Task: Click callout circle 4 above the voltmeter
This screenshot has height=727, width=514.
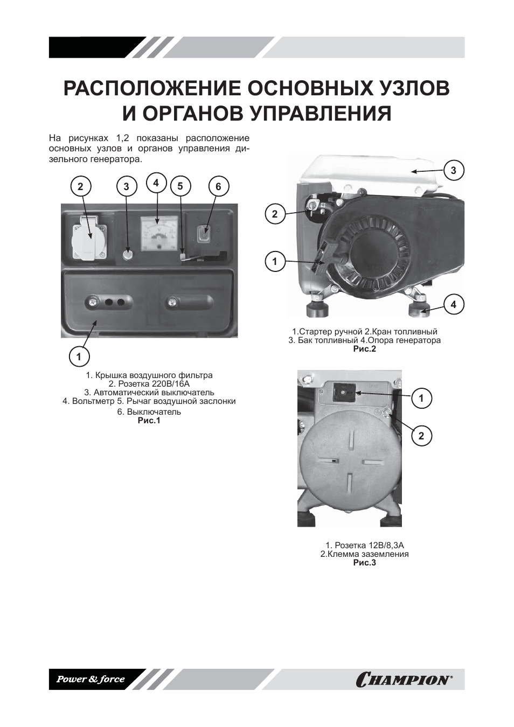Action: click(x=156, y=183)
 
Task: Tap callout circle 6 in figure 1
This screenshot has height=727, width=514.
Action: click(x=218, y=187)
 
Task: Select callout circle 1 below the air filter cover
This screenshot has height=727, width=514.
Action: click(x=79, y=356)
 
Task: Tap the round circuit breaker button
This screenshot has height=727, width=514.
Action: click(x=128, y=255)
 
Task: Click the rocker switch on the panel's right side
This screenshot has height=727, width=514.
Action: click(x=204, y=235)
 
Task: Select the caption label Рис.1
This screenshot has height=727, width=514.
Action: click(x=149, y=421)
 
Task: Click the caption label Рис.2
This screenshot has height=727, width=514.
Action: click(x=364, y=349)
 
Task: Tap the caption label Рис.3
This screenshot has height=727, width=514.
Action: click(x=364, y=563)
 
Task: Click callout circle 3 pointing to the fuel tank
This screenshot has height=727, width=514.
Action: click(x=453, y=171)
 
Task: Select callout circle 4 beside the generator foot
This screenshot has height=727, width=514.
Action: click(x=453, y=305)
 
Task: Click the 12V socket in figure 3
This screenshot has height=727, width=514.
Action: click(x=342, y=393)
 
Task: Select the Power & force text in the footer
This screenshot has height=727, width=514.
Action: click(x=91, y=679)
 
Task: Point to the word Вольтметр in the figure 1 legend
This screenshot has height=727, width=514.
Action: click(x=93, y=401)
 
